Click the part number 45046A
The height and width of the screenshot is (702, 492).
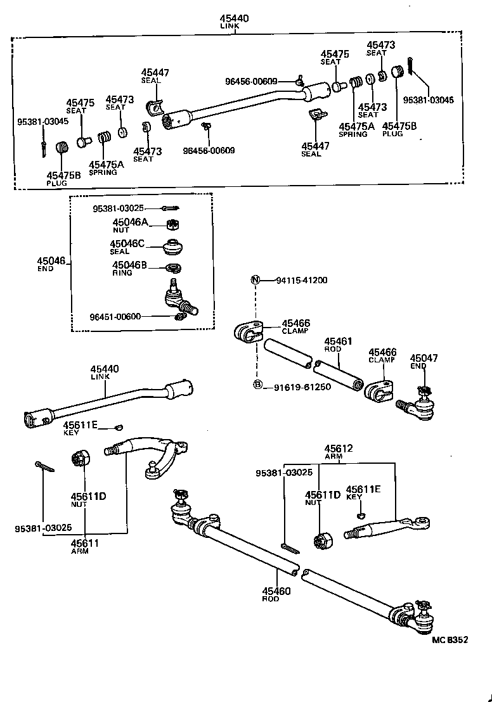pos(130,222)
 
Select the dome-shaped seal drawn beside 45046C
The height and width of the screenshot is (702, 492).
pos(172,245)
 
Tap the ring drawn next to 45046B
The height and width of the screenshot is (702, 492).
pos(172,266)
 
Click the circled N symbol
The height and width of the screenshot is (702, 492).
pos(255,280)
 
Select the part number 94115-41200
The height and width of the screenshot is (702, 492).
pos(301,280)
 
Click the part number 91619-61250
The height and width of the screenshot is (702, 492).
pos(302,386)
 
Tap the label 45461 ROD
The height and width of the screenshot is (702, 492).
pos(337,345)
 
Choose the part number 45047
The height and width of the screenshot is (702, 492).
pos(424,358)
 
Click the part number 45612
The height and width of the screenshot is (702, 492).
pos(339,449)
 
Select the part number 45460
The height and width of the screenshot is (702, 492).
pos(276,591)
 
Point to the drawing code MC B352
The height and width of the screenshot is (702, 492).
pos(450,639)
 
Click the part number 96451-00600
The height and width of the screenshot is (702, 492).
pos(115,317)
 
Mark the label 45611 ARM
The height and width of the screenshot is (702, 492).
pos(84,546)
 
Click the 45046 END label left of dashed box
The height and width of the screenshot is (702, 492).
pos(51,264)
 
